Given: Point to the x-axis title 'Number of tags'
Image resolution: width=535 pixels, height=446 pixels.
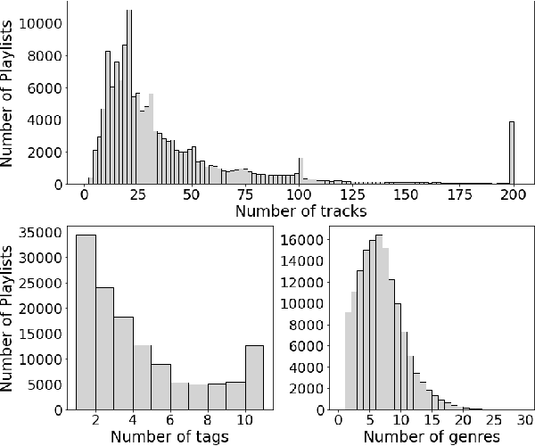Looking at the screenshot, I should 169,436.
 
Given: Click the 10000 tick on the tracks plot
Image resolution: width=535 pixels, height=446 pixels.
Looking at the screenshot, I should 42,23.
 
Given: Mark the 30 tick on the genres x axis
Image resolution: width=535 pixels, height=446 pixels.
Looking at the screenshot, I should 524,419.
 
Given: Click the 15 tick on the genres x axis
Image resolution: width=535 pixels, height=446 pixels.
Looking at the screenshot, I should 431,419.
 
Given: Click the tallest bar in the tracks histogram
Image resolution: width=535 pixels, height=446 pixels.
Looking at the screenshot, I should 129,98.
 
